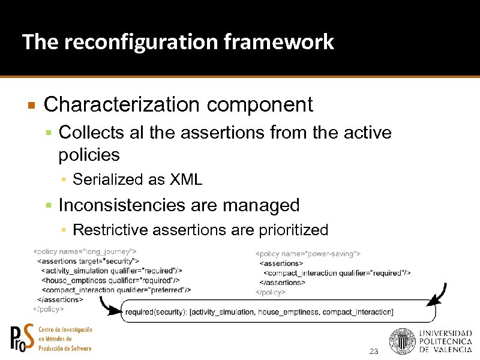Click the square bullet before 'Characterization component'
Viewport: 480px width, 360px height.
(x=32, y=106)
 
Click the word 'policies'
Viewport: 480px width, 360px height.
(x=89, y=155)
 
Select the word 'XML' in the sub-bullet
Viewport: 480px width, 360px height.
(x=186, y=179)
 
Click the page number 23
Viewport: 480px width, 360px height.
(x=374, y=351)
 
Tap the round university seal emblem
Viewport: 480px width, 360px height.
(x=401, y=341)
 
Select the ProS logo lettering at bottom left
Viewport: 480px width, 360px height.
(x=23, y=338)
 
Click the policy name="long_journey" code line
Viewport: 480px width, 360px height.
(x=85, y=251)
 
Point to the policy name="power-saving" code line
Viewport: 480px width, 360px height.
(x=308, y=254)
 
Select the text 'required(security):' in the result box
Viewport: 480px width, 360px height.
(x=156, y=312)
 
